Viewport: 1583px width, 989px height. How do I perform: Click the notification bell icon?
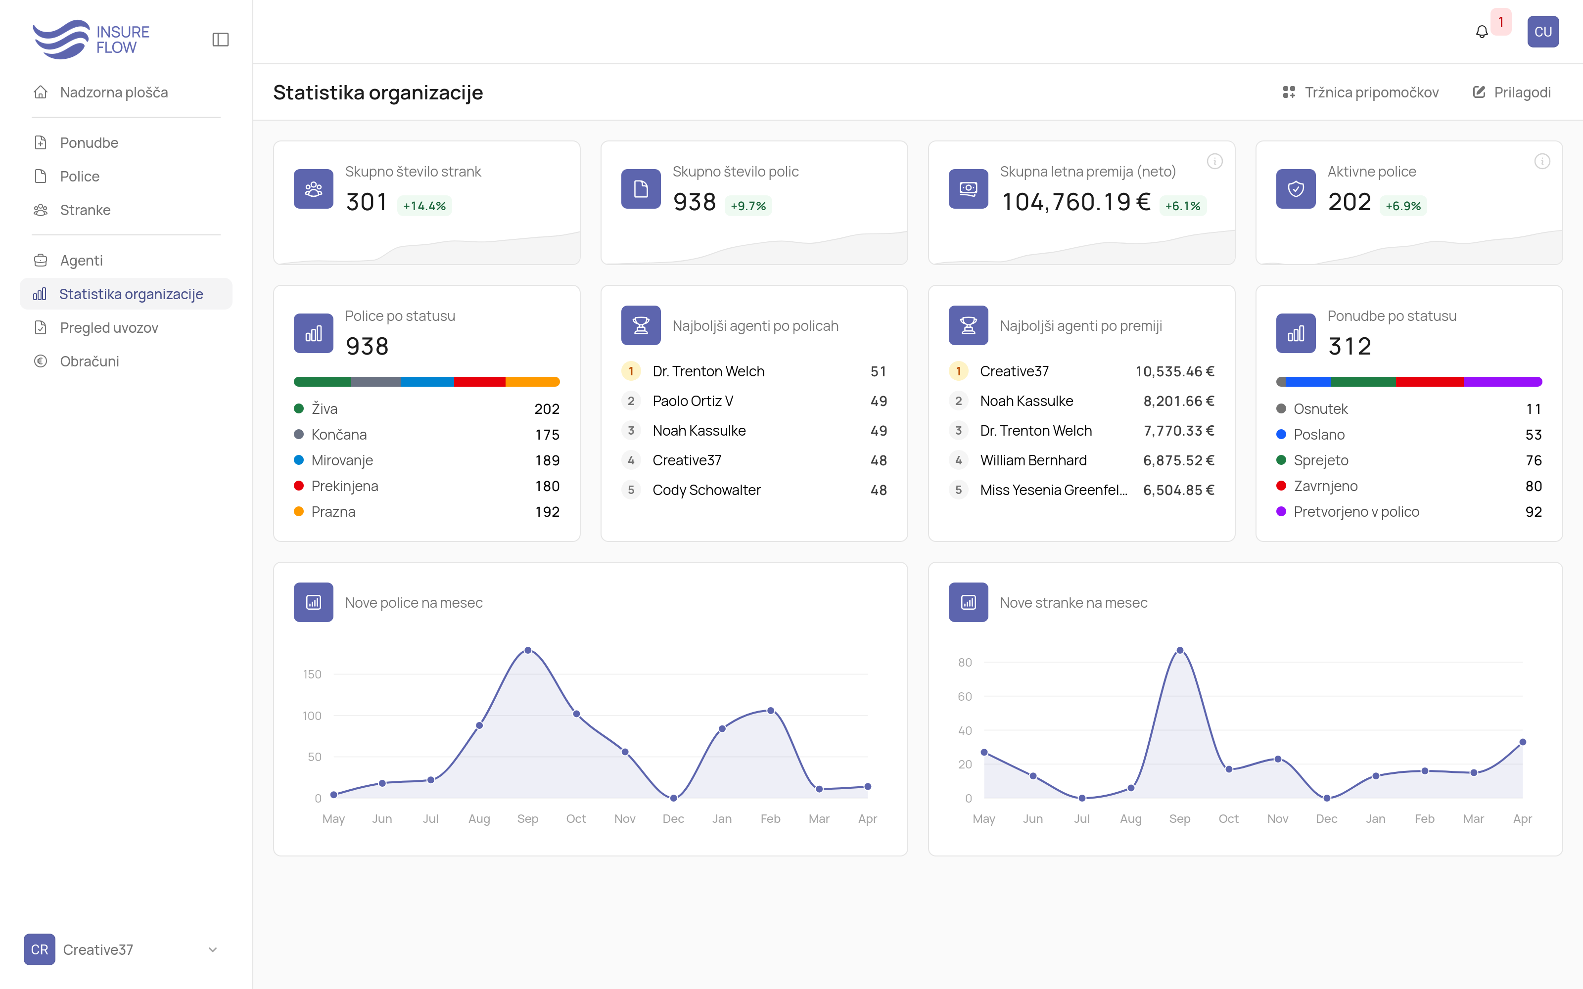coord(1482,31)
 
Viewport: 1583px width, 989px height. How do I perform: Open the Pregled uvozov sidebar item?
coord(109,328)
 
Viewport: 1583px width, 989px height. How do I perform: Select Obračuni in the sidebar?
coord(89,361)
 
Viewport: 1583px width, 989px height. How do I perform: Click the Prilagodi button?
coord(1512,92)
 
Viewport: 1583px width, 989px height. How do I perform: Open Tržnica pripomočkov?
coord(1360,92)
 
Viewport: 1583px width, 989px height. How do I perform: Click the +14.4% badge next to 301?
coord(424,205)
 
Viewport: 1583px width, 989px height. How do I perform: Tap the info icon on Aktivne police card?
coord(1542,161)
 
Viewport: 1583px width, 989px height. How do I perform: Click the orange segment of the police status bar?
coord(532,381)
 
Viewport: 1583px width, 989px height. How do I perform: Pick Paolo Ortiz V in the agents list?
coord(693,401)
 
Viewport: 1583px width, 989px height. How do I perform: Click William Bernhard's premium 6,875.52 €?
coord(1178,460)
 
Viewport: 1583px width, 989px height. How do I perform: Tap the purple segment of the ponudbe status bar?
coord(1502,381)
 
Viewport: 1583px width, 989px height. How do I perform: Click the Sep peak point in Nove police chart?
coord(528,650)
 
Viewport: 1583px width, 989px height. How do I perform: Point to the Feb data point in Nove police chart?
coord(771,711)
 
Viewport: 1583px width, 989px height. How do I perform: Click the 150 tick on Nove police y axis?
coord(312,674)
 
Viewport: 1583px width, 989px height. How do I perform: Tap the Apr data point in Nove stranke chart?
coord(1523,742)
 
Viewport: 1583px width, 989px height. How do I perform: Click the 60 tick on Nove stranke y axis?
coord(965,697)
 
